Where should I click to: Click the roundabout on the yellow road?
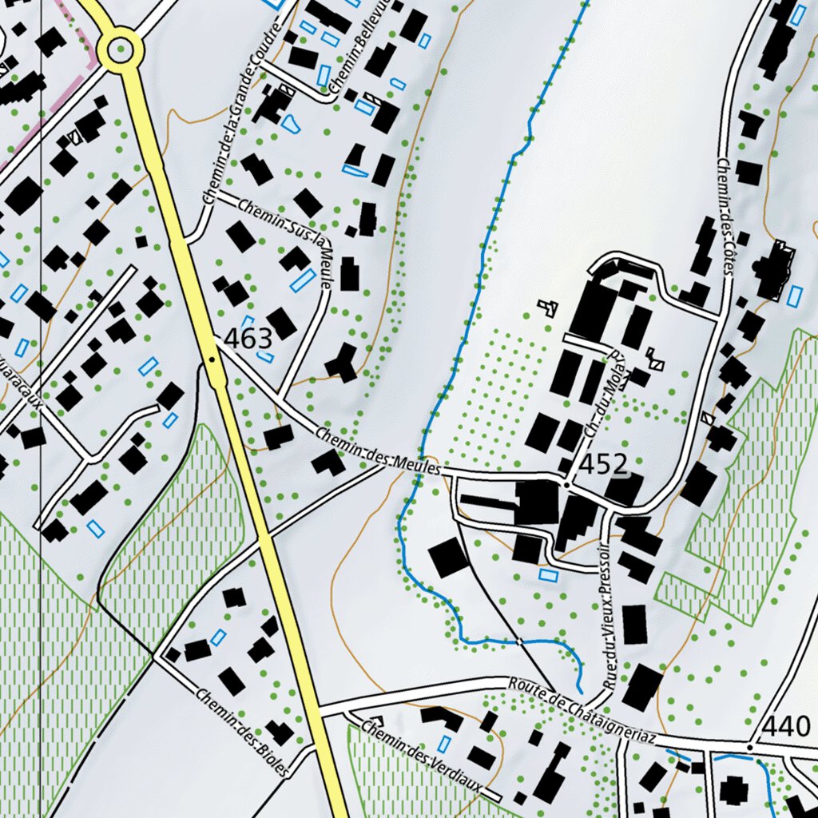(x=120, y=50)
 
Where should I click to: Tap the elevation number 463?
(x=248, y=339)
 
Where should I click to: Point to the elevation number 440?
(x=786, y=726)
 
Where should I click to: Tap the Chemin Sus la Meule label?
(x=284, y=232)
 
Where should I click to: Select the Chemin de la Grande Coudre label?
(x=243, y=120)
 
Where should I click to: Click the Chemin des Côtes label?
(x=725, y=216)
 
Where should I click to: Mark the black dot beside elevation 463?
(x=212, y=359)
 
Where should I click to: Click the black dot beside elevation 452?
(x=566, y=485)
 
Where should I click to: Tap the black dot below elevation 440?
(x=749, y=747)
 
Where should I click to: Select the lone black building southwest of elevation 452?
(x=449, y=558)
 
